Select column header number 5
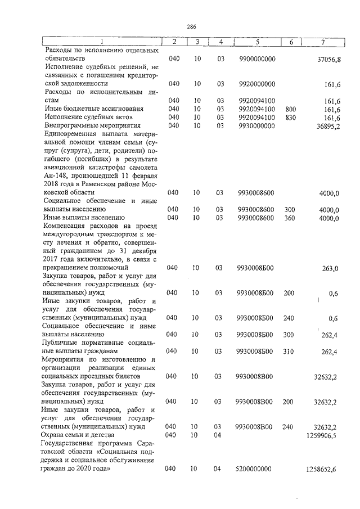[x=257, y=42]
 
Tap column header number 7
[x=322, y=42]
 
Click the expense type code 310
[x=289, y=352]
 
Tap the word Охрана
[x=55, y=435]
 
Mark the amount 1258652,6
[x=323, y=469]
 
